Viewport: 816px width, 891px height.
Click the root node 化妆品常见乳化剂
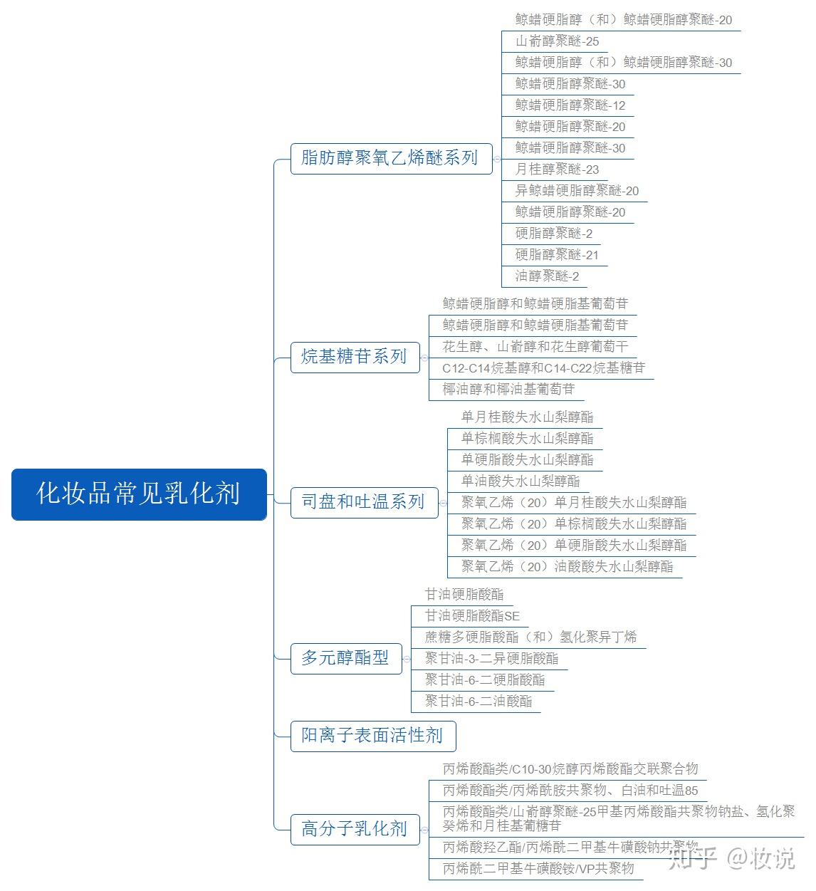point(139,494)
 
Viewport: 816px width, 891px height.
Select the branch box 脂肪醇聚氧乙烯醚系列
point(390,157)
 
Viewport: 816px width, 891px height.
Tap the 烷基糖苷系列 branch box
point(354,356)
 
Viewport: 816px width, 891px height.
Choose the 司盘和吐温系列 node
point(363,501)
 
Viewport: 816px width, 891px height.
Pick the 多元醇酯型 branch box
point(345,657)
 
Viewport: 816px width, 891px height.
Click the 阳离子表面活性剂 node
point(372,735)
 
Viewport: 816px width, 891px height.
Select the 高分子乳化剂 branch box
point(355,828)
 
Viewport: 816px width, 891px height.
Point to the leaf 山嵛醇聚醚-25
point(557,41)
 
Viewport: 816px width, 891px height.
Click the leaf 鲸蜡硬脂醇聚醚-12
point(570,105)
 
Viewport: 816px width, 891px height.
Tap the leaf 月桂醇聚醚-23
point(557,170)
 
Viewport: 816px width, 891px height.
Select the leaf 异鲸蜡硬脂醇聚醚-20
point(577,191)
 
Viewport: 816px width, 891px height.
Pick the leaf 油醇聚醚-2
point(547,276)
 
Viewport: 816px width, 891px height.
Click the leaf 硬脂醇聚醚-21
point(557,255)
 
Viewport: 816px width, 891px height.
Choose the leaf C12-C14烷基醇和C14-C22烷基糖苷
point(543,368)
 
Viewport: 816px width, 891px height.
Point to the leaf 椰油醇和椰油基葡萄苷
point(508,389)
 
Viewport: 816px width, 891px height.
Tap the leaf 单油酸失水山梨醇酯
point(520,481)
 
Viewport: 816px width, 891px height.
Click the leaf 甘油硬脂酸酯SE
point(472,615)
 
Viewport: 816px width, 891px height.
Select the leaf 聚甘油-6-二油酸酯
point(478,701)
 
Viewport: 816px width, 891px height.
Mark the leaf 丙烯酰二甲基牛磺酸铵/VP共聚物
point(538,868)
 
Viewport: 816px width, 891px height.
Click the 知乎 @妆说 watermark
point(731,858)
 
